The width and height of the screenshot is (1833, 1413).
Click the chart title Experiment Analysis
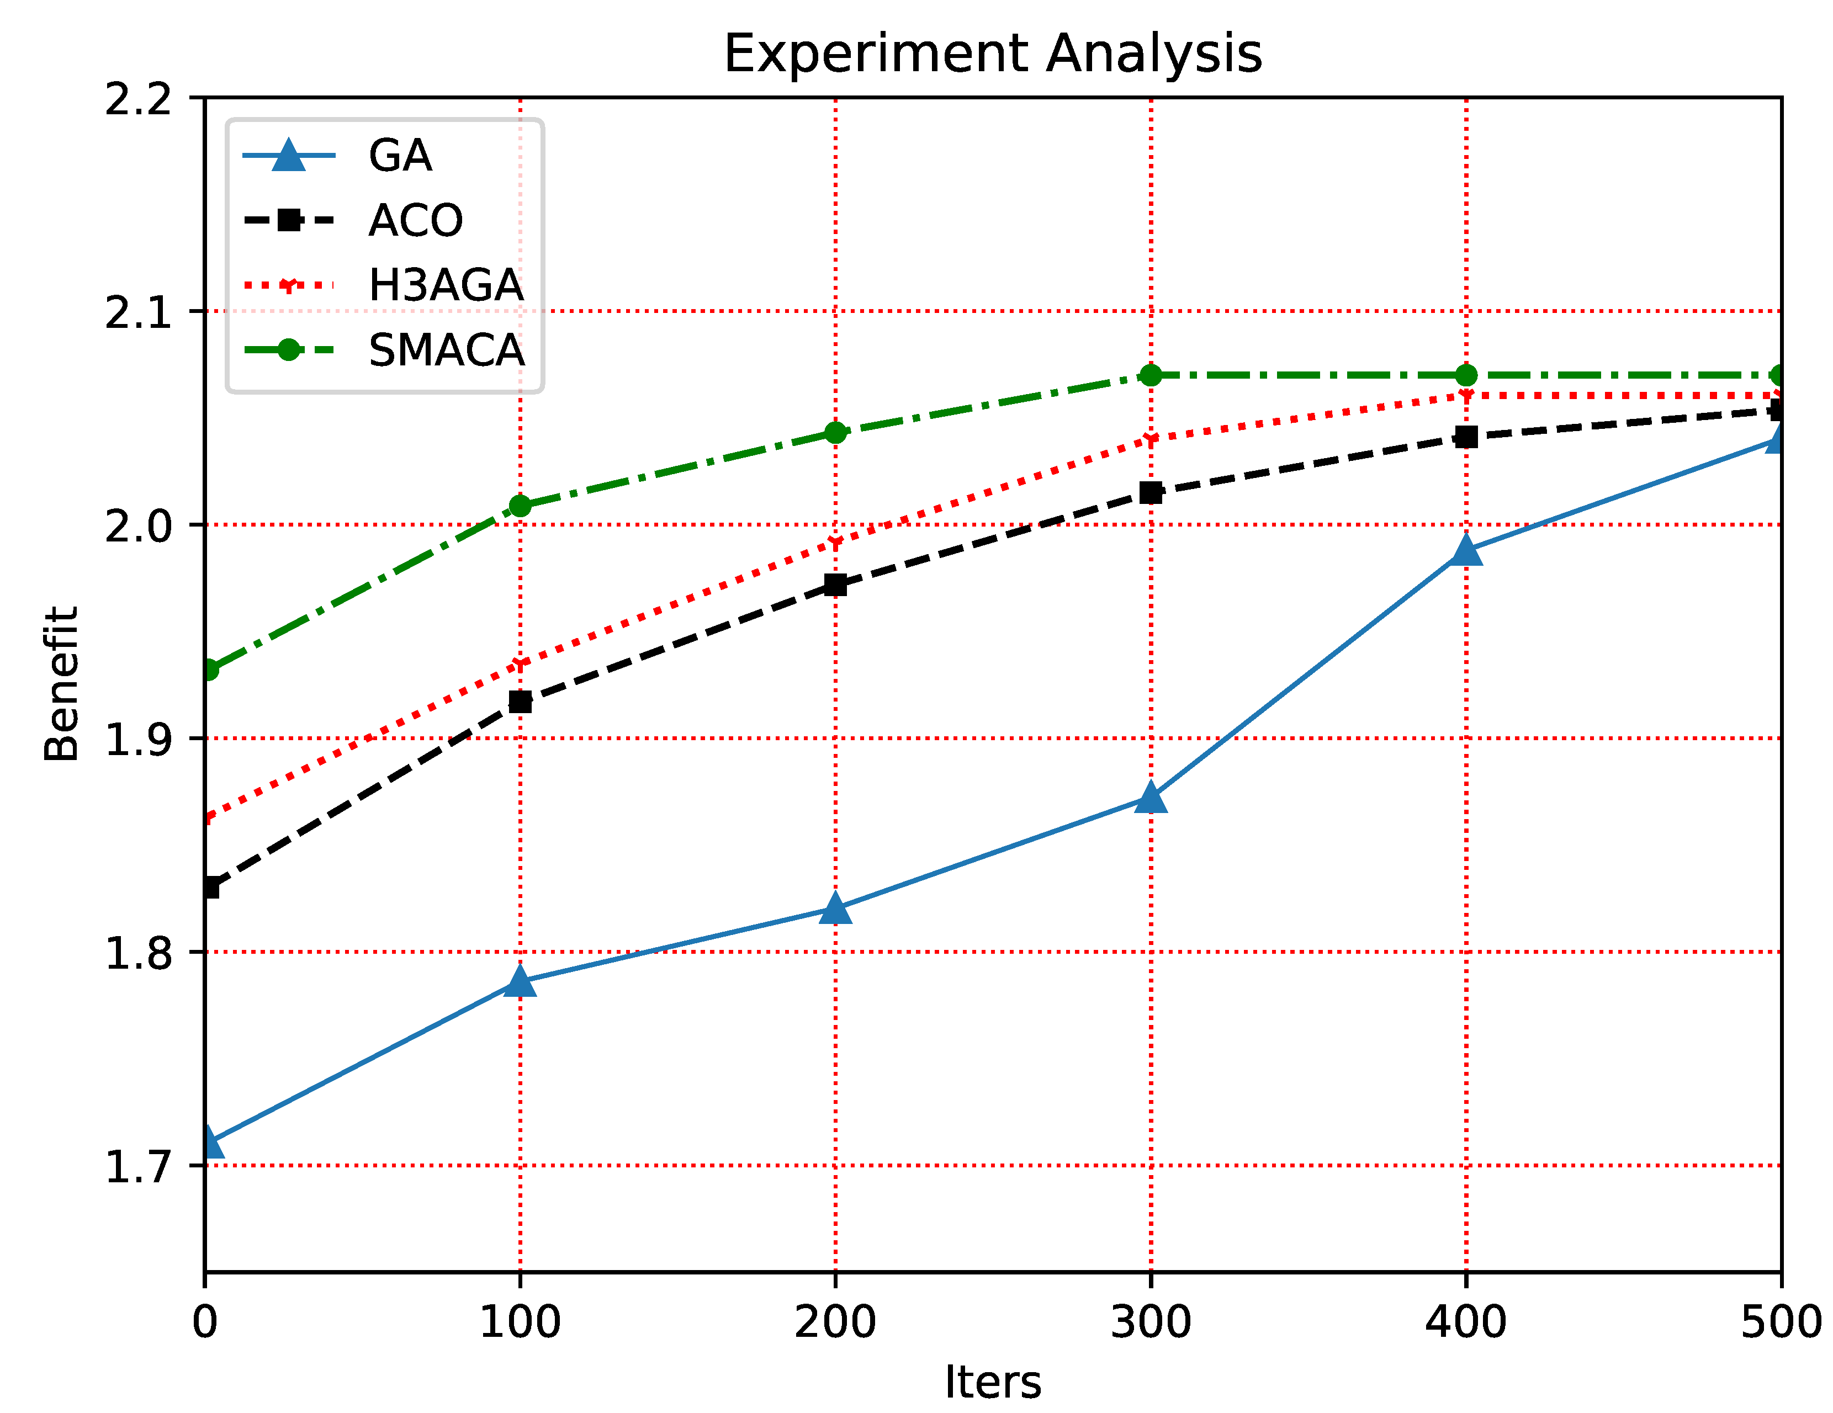[x=992, y=54]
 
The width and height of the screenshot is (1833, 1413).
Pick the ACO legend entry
[x=415, y=221]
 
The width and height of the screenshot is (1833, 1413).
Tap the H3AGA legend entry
[x=445, y=285]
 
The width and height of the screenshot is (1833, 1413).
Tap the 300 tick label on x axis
[x=1151, y=1322]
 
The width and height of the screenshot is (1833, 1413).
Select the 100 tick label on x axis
[x=520, y=1322]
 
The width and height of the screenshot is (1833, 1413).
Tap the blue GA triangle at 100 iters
[x=520, y=981]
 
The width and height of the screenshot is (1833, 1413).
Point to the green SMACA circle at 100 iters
[x=520, y=506]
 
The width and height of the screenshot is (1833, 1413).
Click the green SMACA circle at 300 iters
[x=1151, y=375]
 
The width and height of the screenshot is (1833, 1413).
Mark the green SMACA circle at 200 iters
[x=835, y=433]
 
